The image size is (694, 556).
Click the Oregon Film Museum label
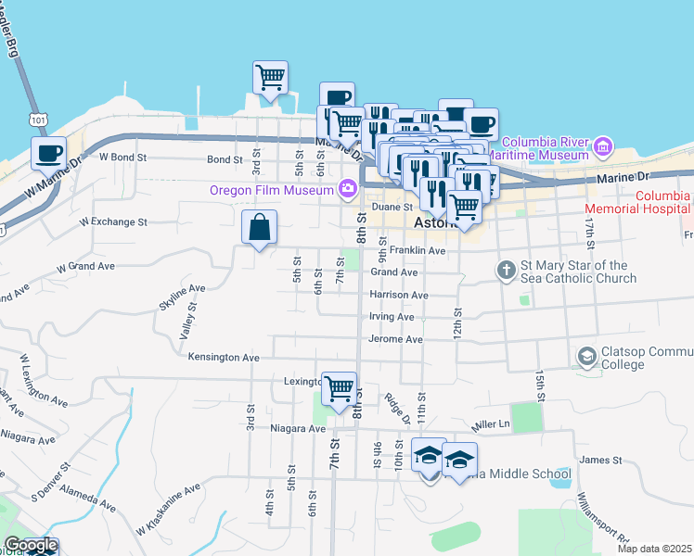pos(271,190)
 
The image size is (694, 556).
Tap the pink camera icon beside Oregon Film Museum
pos(348,190)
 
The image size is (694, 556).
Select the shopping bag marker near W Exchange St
pos(260,227)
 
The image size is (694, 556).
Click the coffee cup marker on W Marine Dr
pos(48,153)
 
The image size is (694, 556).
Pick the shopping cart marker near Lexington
pos(339,387)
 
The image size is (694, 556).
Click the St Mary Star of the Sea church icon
pos(506,271)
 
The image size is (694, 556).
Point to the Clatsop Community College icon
pos(586,357)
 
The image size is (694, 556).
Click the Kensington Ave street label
pos(224,357)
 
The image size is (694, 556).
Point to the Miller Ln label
pos(491,424)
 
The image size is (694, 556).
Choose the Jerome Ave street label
pos(396,339)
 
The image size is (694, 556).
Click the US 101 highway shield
pos(37,120)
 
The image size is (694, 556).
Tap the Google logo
pos(31,546)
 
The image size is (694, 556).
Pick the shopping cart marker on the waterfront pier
pos(270,76)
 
